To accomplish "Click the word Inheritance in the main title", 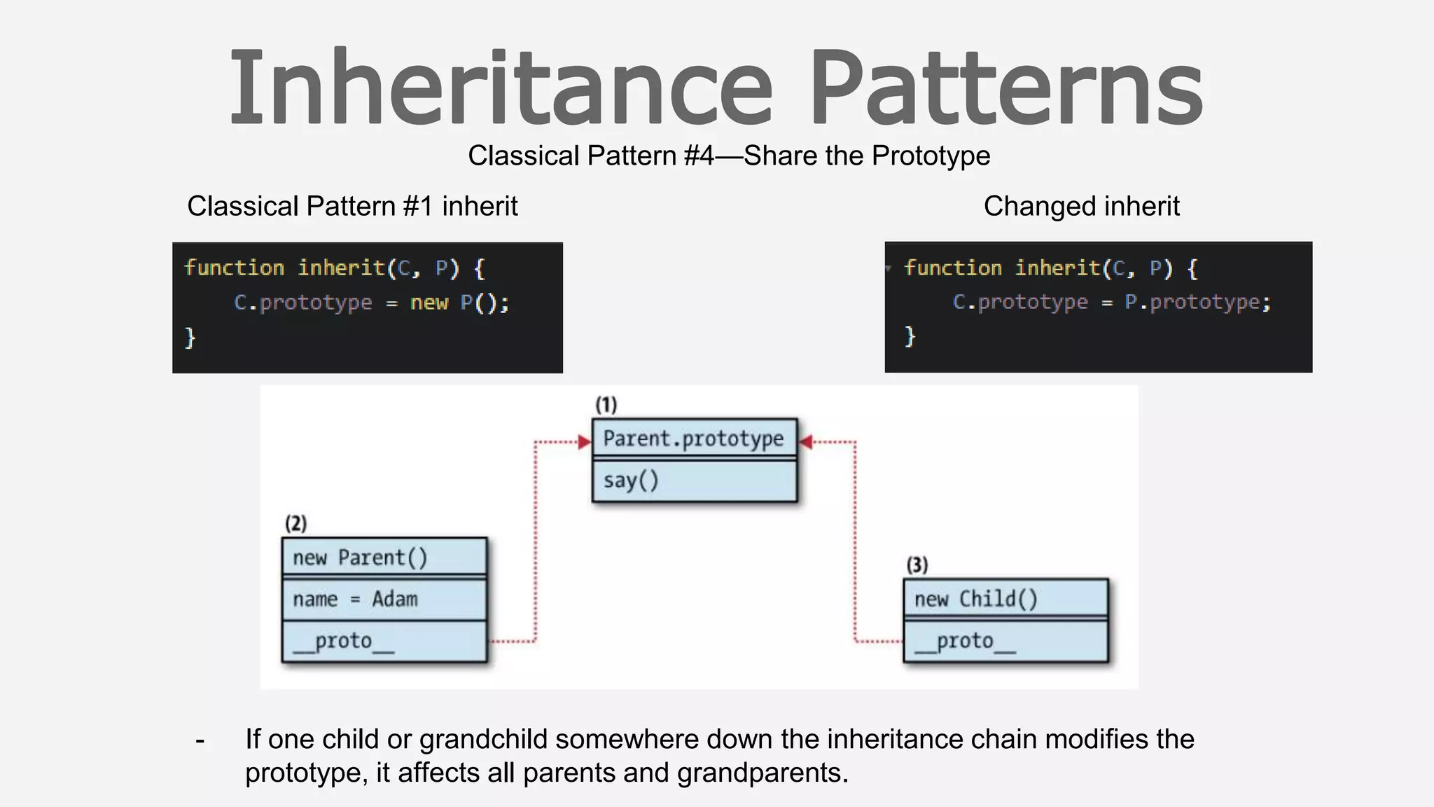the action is (501, 88).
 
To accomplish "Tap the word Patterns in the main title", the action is (1007, 88).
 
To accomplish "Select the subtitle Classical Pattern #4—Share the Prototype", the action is (729, 156).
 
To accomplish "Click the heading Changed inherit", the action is (1081, 207).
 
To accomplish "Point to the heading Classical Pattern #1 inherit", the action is (352, 207).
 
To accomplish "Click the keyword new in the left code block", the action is (429, 303).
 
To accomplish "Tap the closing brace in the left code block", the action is (190, 338).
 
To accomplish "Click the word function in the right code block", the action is (953, 268).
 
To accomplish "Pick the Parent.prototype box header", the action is (694, 439).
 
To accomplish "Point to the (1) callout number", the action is (606, 405).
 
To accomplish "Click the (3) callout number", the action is (917, 565).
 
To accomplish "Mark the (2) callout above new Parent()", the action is (296, 523).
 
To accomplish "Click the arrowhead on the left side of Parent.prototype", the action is (585, 442).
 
